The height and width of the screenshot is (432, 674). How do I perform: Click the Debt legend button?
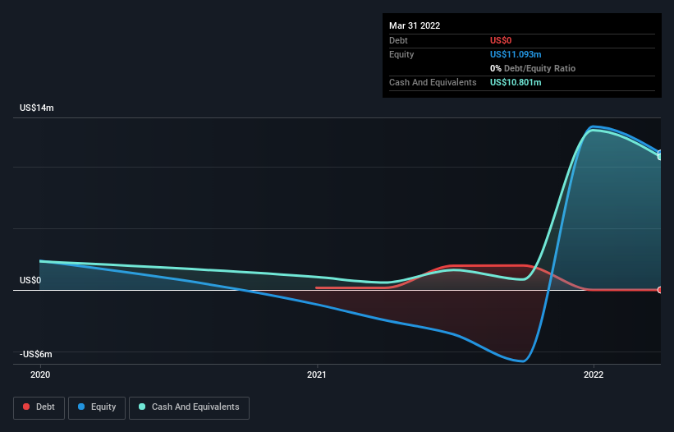point(39,407)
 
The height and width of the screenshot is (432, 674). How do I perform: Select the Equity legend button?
point(97,407)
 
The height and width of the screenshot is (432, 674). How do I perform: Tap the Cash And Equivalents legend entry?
point(189,407)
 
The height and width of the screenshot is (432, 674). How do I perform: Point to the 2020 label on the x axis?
point(39,375)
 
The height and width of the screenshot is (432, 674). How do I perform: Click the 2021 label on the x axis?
point(317,375)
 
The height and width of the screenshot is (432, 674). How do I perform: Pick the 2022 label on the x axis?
point(594,375)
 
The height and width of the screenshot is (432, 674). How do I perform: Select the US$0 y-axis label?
point(30,281)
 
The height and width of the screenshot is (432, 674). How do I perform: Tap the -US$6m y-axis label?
point(37,355)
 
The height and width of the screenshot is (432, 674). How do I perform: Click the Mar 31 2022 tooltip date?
point(415,25)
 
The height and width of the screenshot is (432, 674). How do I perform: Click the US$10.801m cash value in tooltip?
point(516,82)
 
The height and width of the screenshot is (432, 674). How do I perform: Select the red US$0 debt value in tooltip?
point(501,40)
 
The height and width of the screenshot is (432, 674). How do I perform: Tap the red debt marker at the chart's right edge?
point(660,290)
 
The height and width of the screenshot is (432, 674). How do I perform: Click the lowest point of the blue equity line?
point(520,361)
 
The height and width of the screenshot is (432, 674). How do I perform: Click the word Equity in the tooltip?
point(401,54)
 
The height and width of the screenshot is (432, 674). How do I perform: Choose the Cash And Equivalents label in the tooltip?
point(433,82)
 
